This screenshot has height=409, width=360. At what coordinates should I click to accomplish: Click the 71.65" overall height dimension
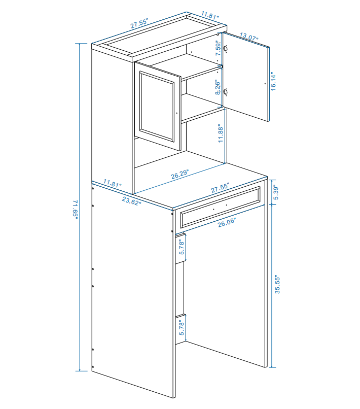[x=76, y=209]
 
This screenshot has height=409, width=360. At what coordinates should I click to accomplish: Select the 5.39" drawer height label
[x=276, y=193]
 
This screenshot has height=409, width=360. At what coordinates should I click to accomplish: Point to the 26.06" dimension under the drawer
[x=227, y=222]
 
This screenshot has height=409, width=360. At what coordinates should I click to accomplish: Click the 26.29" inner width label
[x=179, y=174]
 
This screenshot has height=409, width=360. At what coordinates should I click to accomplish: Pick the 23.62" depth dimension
[x=132, y=201]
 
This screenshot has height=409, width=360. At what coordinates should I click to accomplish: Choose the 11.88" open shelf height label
[x=221, y=133]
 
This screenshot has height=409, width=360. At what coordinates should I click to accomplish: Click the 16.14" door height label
[x=273, y=81]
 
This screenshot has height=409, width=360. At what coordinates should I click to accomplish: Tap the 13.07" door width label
[x=249, y=37]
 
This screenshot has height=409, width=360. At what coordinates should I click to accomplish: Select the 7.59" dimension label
[x=218, y=48]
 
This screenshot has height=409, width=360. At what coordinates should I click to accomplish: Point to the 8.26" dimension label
[x=218, y=87]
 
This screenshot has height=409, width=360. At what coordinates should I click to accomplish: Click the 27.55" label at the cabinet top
[x=139, y=23]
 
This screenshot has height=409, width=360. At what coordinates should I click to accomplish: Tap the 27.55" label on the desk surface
[x=220, y=188]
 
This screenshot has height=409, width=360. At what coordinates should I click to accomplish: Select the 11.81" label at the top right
[x=210, y=15]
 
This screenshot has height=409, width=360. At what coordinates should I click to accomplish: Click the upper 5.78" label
[x=182, y=247]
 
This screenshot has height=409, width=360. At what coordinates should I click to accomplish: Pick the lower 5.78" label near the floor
[x=182, y=328]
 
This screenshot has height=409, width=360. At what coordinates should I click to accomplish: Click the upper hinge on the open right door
[x=226, y=48]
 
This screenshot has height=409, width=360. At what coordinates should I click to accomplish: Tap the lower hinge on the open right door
[x=226, y=92]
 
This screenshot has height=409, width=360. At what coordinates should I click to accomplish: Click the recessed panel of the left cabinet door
[x=157, y=107]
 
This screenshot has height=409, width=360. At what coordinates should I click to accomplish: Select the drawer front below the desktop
[x=220, y=208]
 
